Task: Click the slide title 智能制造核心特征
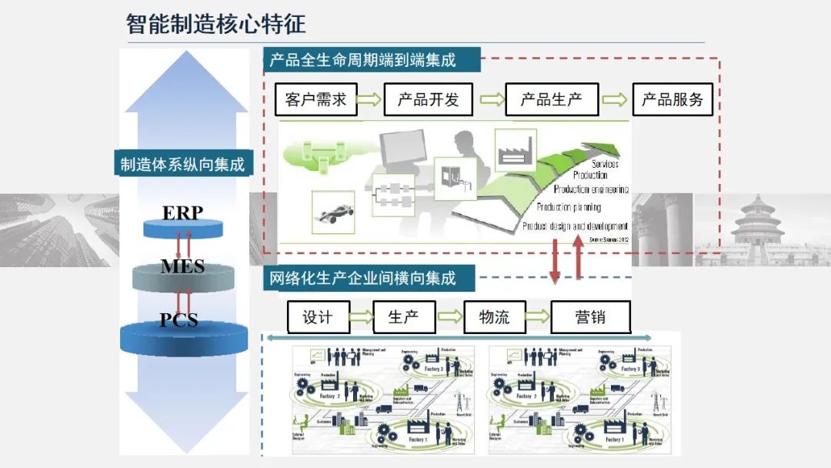pos(216,24)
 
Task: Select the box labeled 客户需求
pos(316,99)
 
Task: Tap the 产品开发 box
pos(428,99)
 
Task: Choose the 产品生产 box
pos(551,99)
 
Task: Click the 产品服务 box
pos(672,99)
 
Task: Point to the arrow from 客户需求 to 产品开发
pos(370,99)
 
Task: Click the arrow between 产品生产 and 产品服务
pos(614,99)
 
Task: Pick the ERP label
pos(182,213)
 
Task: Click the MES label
pos(182,266)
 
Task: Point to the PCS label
pos(179,319)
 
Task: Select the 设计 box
pos(319,317)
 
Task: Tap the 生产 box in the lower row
pos(404,317)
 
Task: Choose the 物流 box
pos(494,317)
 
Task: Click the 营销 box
pos(590,317)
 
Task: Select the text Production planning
pos(569,207)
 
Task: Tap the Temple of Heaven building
pos(757,223)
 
